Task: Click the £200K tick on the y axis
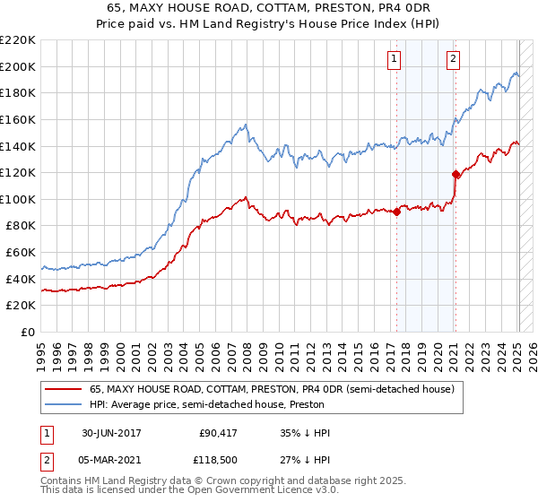[x=19, y=66]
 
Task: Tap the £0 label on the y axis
[x=28, y=333]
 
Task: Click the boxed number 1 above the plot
[x=395, y=60]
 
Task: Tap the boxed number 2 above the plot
[x=454, y=60]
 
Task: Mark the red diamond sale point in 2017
[x=396, y=212]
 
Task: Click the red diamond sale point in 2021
[x=456, y=175]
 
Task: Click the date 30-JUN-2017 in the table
[x=111, y=433]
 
